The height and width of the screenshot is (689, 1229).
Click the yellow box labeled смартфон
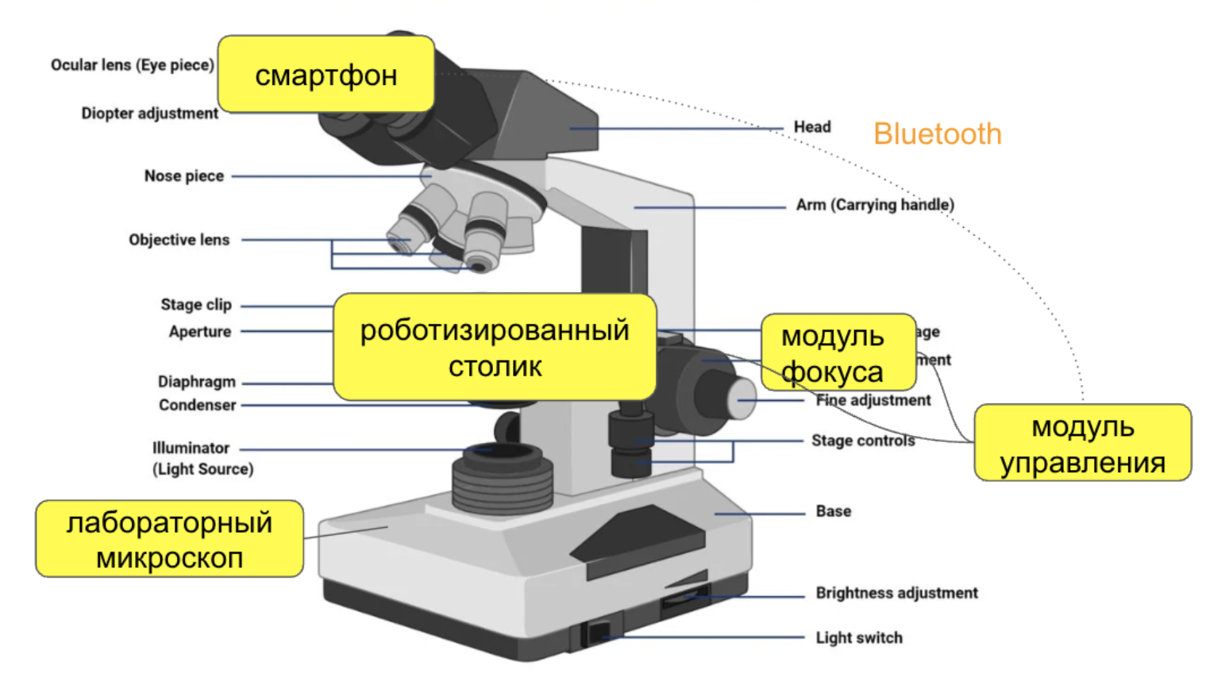tap(326, 74)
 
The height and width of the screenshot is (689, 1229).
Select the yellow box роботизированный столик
tap(494, 347)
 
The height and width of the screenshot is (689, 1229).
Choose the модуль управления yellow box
tap(1082, 443)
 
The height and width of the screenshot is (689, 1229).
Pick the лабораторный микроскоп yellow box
tap(169, 539)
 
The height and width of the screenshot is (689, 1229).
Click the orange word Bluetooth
tap(937, 134)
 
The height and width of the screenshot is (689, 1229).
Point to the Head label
tap(811, 127)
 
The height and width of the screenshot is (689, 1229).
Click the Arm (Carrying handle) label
tap(875, 205)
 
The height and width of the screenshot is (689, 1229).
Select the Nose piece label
tap(183, 175)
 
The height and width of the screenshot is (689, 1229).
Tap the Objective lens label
tap(179, 240)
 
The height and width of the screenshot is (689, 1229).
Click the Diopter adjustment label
tap(149, 114)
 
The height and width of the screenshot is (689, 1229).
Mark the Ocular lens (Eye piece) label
tap(132, 65)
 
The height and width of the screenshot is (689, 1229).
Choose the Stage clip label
tap(195, 305)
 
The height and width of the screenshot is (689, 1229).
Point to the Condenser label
tap(197, 405)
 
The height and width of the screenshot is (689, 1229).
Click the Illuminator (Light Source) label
tap(202, 458)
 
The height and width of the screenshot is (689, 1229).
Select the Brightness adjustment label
tap(896, 593)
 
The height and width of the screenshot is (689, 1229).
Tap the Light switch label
tap(858, 637)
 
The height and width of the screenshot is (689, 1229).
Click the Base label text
tap(833, 511)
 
